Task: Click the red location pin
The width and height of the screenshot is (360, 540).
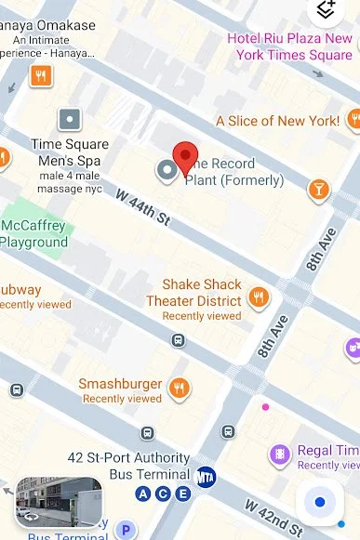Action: coord(187,157)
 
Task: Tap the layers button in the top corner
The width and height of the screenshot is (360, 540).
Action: coord(326,9)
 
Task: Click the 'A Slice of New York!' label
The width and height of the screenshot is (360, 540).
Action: coord(277,121)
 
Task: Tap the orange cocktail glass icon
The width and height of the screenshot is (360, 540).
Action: coord(319,190)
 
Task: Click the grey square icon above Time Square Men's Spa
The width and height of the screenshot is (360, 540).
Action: coord(70,119)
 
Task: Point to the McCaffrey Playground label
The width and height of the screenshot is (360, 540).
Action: coord(34,234)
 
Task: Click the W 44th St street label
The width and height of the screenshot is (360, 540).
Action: coord(143,206)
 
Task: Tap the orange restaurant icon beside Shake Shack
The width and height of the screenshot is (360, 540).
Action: coord(258,298)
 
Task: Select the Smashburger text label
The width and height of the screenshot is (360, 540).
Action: coord(120,384)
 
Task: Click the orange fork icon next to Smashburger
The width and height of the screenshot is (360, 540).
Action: coord(180,388)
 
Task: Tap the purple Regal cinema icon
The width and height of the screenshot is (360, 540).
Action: coord(278,454)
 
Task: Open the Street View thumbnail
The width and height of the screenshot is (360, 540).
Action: coord(59,502)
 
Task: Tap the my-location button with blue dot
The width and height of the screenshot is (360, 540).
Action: coord(320,502)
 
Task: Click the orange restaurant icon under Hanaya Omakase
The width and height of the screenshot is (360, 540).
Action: coord(41,75)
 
